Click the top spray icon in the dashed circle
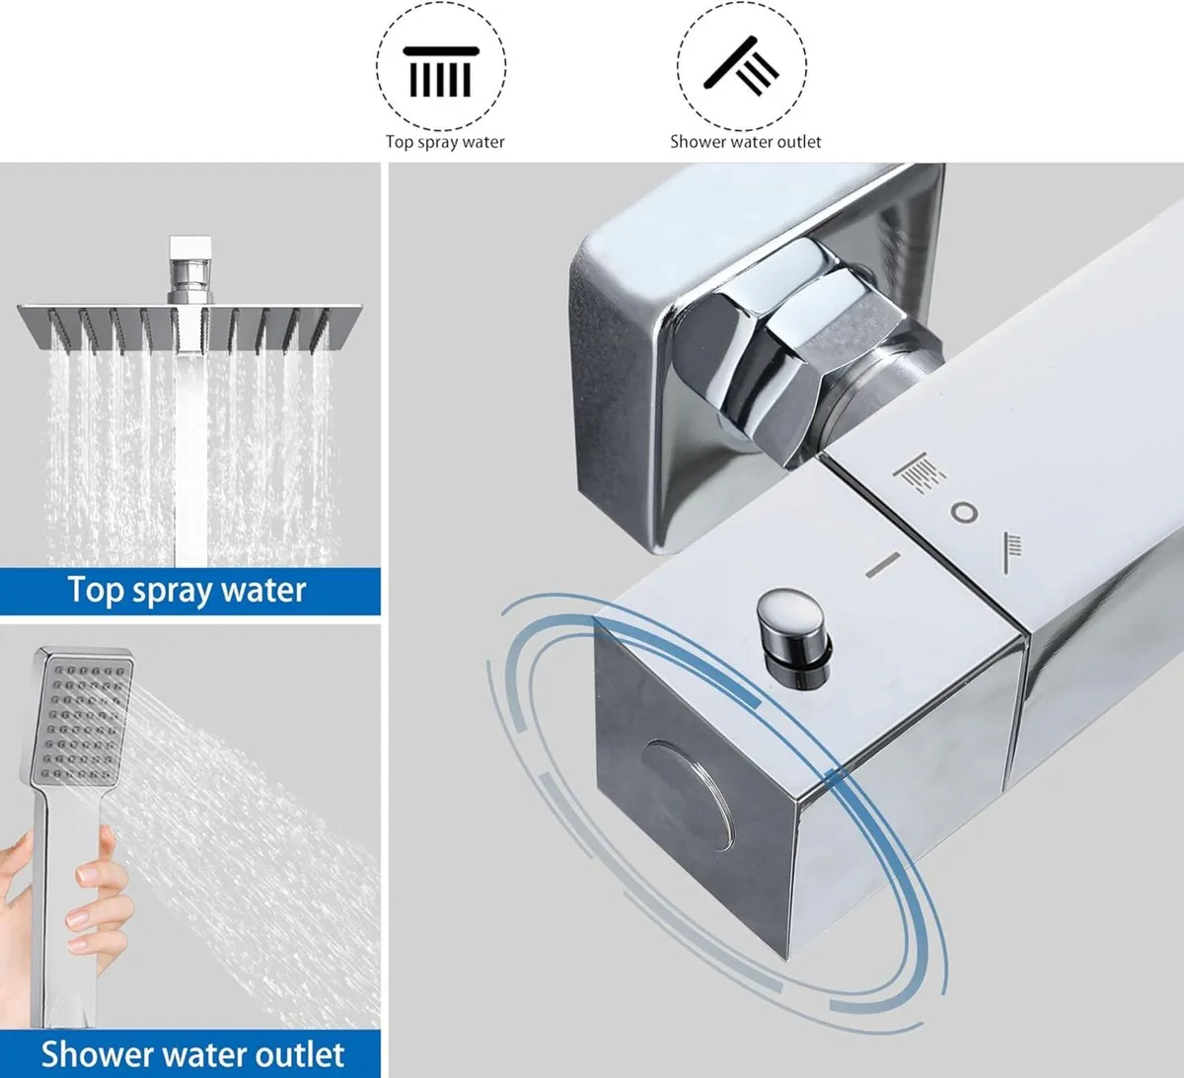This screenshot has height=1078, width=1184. tap(440, 70)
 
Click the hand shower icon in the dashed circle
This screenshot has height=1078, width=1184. tap(742, 67)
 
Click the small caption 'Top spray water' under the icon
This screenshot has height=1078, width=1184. tap(445, 142)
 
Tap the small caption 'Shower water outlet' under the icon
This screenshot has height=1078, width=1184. tap(745, 142)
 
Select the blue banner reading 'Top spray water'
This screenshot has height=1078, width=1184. tap(189, 592)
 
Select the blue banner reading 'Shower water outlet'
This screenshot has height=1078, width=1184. tap(189, 1053)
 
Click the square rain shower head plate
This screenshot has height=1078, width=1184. tap(189, 325)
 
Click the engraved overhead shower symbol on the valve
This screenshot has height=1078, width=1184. tap(912, 471)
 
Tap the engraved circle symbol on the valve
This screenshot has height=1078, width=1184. tap(963, 513)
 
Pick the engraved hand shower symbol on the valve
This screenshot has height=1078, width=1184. tap(1012, 551)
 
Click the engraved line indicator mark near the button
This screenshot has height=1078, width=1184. tap(884, 564)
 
